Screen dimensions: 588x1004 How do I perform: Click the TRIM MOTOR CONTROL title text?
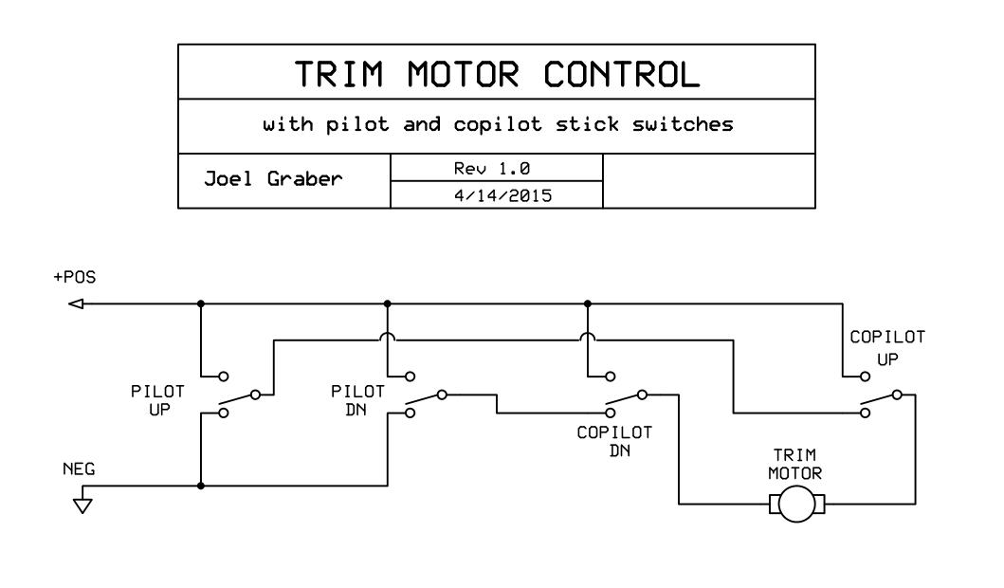coord(496,72)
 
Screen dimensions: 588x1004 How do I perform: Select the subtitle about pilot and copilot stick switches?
coord(496,124)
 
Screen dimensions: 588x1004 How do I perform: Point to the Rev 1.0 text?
coord(496,167)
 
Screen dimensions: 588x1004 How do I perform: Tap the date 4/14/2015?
coord(496,194)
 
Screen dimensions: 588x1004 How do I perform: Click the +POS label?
coord(77,278)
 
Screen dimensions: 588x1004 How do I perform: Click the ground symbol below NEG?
coord(84,504)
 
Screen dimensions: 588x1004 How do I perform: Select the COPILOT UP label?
coord(886,348)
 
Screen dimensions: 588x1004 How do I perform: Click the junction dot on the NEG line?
coord(201,486)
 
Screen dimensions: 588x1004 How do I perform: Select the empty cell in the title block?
coord(708,181)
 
